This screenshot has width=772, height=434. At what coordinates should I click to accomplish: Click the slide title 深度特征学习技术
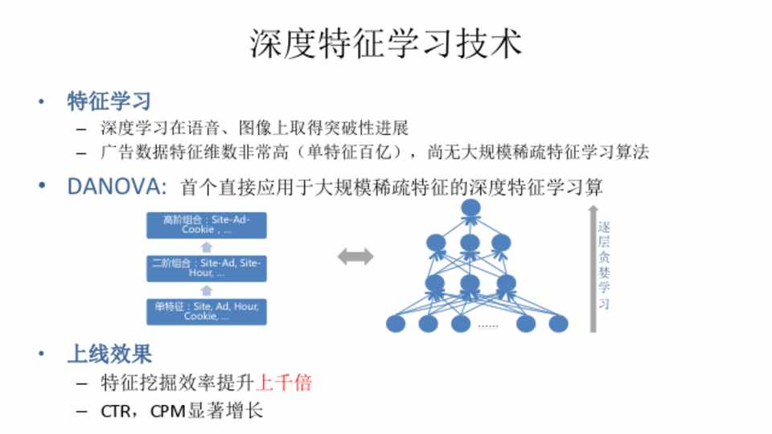click(386, 44)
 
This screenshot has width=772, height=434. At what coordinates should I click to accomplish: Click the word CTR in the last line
click(115, 411)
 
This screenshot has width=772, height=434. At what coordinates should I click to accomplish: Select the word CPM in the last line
click(168, 411)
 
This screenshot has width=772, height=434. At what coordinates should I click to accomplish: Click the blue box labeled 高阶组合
click(206, 224)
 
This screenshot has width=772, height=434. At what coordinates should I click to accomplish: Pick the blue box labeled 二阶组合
click(206, 268)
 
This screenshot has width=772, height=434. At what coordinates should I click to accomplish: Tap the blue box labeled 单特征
click(206, 312)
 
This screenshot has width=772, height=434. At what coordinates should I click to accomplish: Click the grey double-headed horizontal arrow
click(355, 257)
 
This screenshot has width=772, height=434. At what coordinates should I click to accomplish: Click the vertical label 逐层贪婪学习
click(606, 266)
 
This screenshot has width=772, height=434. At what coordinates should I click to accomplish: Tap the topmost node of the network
click(470, 208)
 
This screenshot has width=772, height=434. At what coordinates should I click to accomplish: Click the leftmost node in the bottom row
click(396, 324)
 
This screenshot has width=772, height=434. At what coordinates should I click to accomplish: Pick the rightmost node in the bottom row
click(558, 324)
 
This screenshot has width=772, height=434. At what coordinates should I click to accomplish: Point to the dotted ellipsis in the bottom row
click(488, 325)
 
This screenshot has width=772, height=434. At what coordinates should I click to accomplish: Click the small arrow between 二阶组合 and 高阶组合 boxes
click(206, 247)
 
